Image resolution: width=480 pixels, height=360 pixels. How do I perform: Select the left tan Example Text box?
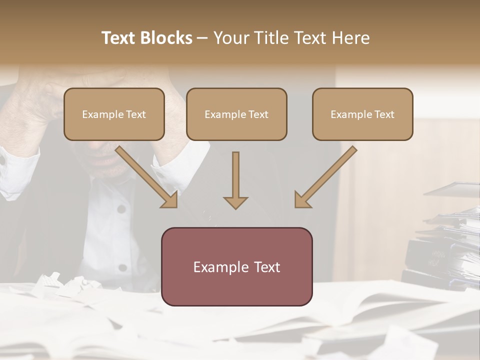tap(114, 114)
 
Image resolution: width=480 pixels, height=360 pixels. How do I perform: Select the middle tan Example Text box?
tap(236, 114)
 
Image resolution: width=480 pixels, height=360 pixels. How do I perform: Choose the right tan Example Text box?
tap(362, 114)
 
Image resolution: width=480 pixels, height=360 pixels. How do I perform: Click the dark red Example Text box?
tap(236, 266)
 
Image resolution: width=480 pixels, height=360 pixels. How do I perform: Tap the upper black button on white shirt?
tap(121, 208)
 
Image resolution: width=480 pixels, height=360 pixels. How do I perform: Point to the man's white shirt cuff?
tap(15, 172)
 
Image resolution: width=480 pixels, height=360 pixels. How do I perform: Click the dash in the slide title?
tap(202, 38)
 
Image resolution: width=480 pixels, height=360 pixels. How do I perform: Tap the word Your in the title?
tap(229, 38)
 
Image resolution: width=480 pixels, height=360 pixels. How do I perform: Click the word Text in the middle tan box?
tap(258, 114)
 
